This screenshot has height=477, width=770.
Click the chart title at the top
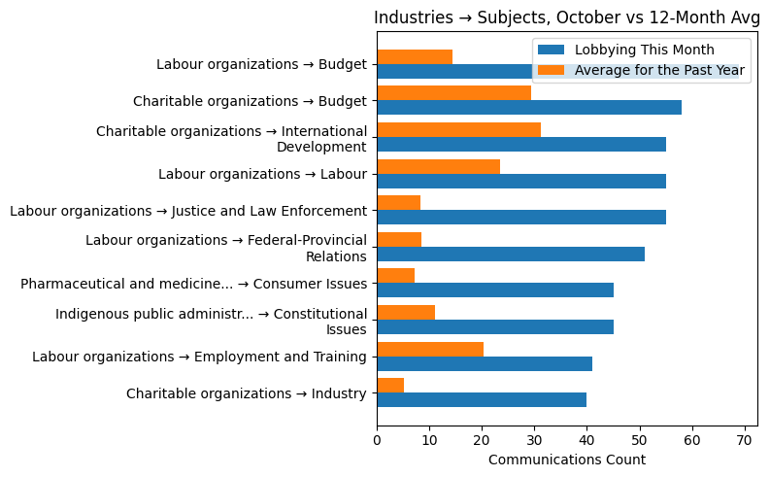pyautogui.click(x=567, y=17)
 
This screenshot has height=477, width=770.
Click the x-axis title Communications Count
pyautogui.click(x=566, y=460)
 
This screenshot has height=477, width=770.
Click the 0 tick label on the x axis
pyautogui.click(x=377, y=440)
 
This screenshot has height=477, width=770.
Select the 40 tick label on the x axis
pyautogui.click(x=586, y=440)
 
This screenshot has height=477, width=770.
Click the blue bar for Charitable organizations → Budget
pyautogui.click(x=529, y=108)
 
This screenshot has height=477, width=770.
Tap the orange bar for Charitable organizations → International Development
pyautogui.click(x=458, y=130)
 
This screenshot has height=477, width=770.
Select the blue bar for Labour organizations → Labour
pyautogui.click(x=521, y=181)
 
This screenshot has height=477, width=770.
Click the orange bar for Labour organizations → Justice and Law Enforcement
pyautogui.click(x=398, y=203)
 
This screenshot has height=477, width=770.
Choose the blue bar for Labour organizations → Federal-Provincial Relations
pyautogui.click(x=511, y=254)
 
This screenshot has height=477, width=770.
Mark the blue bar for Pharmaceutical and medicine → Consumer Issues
pyautogui.click(x=495, y=290)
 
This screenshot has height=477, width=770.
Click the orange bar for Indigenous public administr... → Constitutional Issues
pyautogui.click(x=406, y=313)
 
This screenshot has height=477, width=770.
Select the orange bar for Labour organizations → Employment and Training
pyautogui.click(x=430, y=349)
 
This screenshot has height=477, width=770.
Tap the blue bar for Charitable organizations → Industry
pyautogui.click(x=482, y=400)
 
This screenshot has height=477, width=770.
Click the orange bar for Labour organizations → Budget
pyautogui.click(x=415, y=56)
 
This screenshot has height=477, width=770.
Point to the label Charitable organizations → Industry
pyautogui.click(x=246, y=393)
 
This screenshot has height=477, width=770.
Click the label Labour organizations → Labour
pyautogui.click(x=262, y=174)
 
